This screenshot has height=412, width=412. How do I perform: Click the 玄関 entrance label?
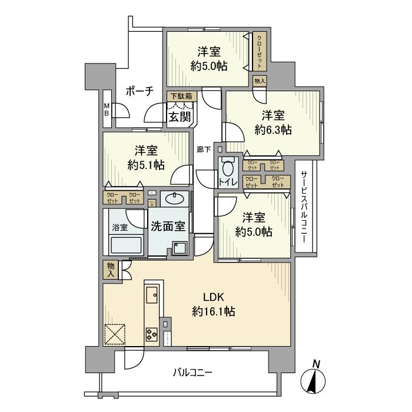(180, 117)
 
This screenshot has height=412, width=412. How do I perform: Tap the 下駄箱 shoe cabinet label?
(181, 96)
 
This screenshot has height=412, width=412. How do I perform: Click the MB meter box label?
(107, 110)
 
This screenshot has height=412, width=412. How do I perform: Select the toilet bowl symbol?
(228, 167)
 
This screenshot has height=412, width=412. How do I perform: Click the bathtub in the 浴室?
(126, 245)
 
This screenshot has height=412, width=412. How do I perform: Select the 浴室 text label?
(119, 225)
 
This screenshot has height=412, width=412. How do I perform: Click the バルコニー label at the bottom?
(192, 372)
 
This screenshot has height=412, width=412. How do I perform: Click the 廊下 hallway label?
(204, 149)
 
